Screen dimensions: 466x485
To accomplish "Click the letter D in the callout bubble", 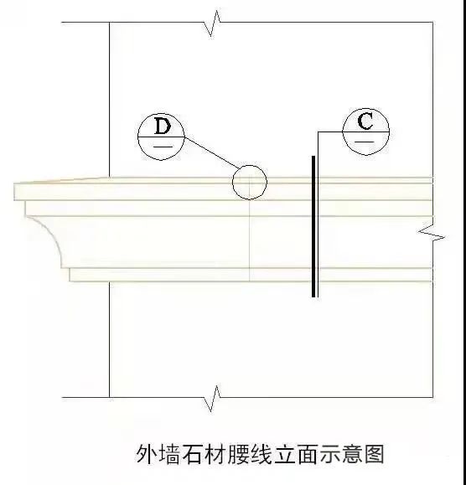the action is click(x=163, y=126).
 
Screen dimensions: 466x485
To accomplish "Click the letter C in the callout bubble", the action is click(x=365, y=121).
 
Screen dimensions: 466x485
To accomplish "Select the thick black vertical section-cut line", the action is click(x=313, y=226).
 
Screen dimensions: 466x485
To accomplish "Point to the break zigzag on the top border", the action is click(x=213, y=23).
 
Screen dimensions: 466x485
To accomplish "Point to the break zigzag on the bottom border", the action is click(x=213, y=399).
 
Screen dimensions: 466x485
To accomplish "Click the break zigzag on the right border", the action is click(x=432, y=233).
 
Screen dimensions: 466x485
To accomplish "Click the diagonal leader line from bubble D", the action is click(x=212, y=152).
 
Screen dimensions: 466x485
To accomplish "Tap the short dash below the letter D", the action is click(x=163, y=147).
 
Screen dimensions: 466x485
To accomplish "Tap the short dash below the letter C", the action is click(x=365, y=142).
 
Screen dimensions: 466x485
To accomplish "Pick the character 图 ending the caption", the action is click(x=375, y=454).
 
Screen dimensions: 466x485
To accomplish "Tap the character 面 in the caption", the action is click(x=307, y=454).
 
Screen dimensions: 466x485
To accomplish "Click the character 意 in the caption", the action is click(x=353, y=454).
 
